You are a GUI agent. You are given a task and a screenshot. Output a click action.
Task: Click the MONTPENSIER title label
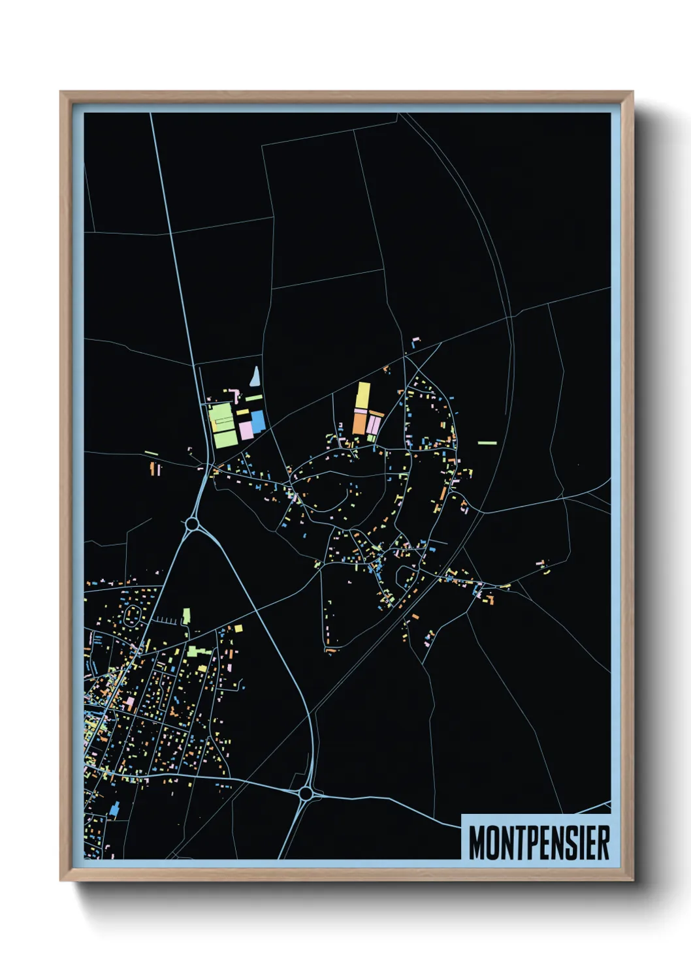pyautogui.click(x=539, y=843)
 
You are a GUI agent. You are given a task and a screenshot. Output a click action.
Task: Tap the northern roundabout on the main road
pyautogui.click(x=191, y=523)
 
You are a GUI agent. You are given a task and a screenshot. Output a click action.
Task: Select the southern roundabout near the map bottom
pyautogui.click(x=305, y=794)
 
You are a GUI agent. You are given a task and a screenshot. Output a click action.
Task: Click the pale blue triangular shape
pyautogui.click(x=255, y=376)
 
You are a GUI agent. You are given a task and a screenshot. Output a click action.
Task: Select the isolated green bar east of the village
pyautogui.click(x=487, y=443)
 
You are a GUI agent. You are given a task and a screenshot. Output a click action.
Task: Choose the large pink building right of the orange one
pyautogui.click(x=374, y=424)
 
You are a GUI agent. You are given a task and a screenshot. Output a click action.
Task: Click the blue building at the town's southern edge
pyautogui.click(x=115, y=809)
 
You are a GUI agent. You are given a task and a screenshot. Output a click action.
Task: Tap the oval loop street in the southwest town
pyautogui.click(x=131, y=615)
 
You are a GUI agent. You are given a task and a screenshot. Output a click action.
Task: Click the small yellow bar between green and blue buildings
pyautogui.click(x=242, y=412)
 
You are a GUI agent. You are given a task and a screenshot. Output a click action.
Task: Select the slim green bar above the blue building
pyautogui.click(x=253, y=397)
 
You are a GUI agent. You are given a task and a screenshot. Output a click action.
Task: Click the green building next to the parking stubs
pyautogui.click(x=186, y=615)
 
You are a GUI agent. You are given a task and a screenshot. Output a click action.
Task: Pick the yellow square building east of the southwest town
pyautogui.click(x=238, y=629)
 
